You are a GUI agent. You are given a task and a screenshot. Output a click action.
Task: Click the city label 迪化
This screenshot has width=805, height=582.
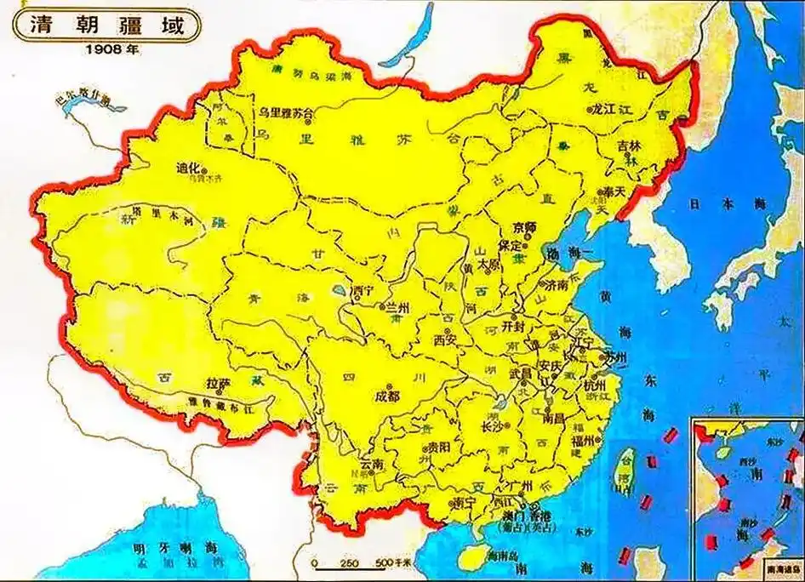pyautogui.click(x=188, y=168)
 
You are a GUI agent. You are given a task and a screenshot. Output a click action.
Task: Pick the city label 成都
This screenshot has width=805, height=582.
pyautogui.click(x=385, y=397)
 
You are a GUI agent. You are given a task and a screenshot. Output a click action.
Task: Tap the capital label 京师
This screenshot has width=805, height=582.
pyautogui.click(x=526, y=227)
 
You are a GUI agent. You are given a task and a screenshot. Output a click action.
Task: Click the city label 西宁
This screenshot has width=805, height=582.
pyautogui.click(x=363, y=291)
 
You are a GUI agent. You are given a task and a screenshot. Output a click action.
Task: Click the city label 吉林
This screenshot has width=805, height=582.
pyautogui.click(x=629, y=145)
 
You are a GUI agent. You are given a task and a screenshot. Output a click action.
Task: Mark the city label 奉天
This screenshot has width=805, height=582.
pyautogui.click(x=613, y=191)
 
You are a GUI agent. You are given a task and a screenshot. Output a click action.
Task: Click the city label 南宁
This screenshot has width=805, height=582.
pyautogui.click(x=464, y=501)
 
